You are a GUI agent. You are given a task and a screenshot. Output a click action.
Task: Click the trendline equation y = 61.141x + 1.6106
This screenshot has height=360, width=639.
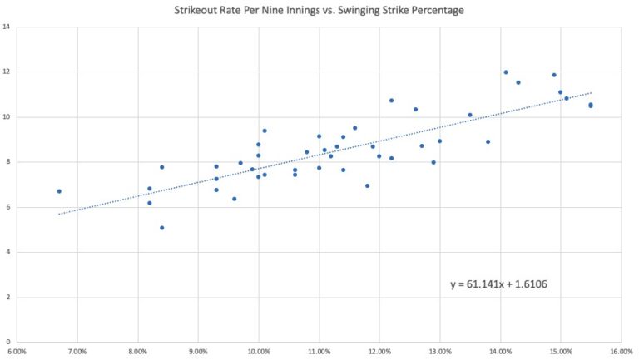[x=498, y=284]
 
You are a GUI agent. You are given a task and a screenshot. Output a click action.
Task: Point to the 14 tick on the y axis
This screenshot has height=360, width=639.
[x=7, y=27]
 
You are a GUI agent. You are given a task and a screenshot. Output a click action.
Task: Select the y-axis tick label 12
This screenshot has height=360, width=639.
[x=7, y=72]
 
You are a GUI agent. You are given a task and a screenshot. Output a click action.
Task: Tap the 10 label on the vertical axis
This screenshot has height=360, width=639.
[x=7, y=117]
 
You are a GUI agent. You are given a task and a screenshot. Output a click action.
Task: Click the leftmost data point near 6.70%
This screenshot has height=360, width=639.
[x=59, y=191]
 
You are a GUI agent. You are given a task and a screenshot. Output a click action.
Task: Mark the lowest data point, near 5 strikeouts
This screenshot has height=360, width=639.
[x=162, y=228]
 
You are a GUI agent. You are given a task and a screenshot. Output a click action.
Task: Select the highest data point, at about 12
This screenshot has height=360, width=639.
[x=506, y=72]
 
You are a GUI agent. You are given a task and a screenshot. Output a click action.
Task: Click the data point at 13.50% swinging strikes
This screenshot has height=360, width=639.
[x=470, y=115]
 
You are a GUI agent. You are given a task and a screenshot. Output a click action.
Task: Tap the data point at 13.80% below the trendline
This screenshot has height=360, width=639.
[x=488, y=141]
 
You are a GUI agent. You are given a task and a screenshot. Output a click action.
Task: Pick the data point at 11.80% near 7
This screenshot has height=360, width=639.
[x=367, y=185]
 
